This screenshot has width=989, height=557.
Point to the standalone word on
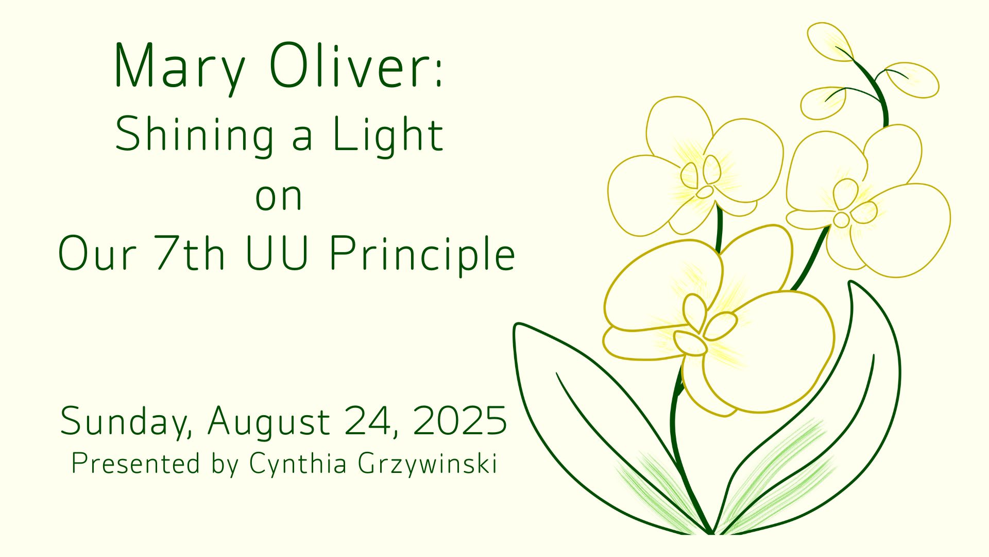click(x=279, y=196)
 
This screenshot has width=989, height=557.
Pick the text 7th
click(x=190, y=253)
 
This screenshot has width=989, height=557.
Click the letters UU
click(x=277, y=253)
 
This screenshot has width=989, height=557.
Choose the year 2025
click(x=459, y=420)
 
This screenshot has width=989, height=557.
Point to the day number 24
click(x=370, y=421)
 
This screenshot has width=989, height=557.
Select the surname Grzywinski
click(x=428, y=464)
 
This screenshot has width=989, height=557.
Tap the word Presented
click(x=135, y=463)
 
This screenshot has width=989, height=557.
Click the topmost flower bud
click(x=829, y=41)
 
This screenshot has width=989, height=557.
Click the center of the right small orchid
click(x=850, y=206)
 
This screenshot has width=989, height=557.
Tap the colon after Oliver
click(x=438, y=76)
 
